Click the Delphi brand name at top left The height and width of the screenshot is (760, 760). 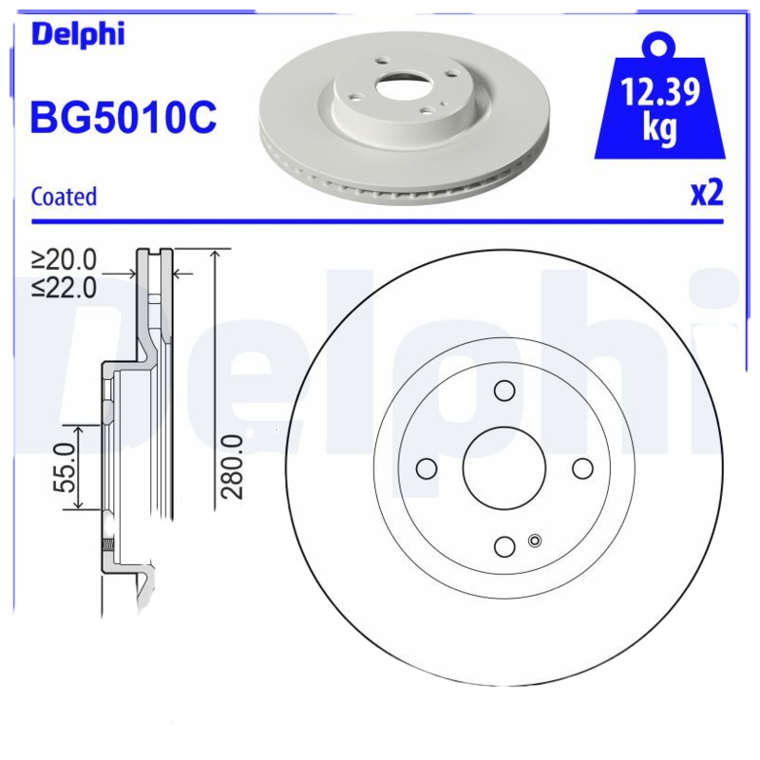(x=78, y=33)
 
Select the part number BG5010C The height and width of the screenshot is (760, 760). (x=124, y=117)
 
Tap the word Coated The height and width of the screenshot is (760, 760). (x=64, y=197)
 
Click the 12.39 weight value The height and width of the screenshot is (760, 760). (x=660, y=93)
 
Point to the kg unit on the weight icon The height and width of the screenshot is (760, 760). (x=659, y=128)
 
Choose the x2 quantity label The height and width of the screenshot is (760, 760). (x=706, y=193)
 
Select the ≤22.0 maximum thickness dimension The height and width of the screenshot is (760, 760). (x=65, y=286)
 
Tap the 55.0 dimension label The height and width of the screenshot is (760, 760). (x=65, y=466)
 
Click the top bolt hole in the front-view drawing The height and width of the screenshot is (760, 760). (x=504, y=390)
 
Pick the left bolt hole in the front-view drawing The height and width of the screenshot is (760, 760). (x=427, y=468)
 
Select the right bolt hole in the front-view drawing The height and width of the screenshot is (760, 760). (x=582, y=468)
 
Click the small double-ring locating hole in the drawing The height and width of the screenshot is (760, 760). (x=533, y=541)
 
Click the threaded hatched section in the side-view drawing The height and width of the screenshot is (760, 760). (x=108, y=547)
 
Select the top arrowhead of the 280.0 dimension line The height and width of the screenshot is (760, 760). (x=218, y=255)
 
